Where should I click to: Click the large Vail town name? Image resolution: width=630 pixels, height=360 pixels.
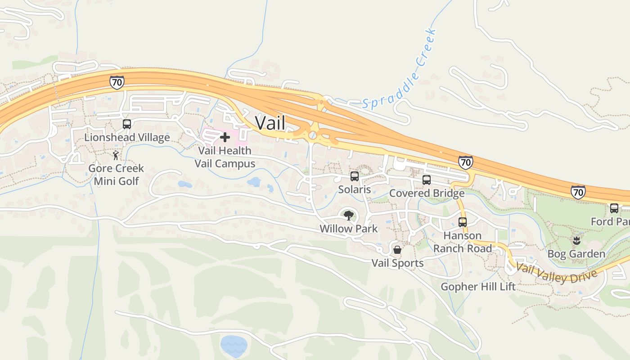[270, 122]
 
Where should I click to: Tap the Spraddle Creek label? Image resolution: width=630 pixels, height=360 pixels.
[400, 69]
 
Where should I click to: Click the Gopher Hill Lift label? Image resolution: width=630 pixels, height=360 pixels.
[478, 287]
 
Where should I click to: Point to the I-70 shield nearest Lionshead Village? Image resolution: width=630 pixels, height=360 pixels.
[117, 82]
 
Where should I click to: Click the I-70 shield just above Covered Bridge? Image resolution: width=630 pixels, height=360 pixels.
[466, 162]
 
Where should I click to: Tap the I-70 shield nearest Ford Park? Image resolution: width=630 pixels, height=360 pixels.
[578, 192]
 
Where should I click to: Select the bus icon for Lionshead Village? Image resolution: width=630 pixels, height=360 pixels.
[127, 124]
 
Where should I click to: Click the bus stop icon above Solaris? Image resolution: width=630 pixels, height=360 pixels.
[355, 176]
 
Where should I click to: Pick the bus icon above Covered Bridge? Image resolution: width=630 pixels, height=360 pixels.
[427, 180]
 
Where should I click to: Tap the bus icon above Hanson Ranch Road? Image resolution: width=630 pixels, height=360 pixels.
[463, 222]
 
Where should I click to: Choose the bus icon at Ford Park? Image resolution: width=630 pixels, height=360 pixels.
[614, 208]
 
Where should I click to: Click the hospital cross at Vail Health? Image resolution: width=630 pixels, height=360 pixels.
[225, 137]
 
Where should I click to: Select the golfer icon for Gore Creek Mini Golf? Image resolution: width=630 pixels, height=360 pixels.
[116, 155]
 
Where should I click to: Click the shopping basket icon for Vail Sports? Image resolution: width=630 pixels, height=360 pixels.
[397, 249]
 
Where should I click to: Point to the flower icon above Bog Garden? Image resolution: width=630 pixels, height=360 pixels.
[576, 240]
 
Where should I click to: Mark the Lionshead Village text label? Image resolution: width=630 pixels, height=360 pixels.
[127, 137]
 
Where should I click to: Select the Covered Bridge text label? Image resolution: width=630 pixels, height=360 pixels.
[427, 193]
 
